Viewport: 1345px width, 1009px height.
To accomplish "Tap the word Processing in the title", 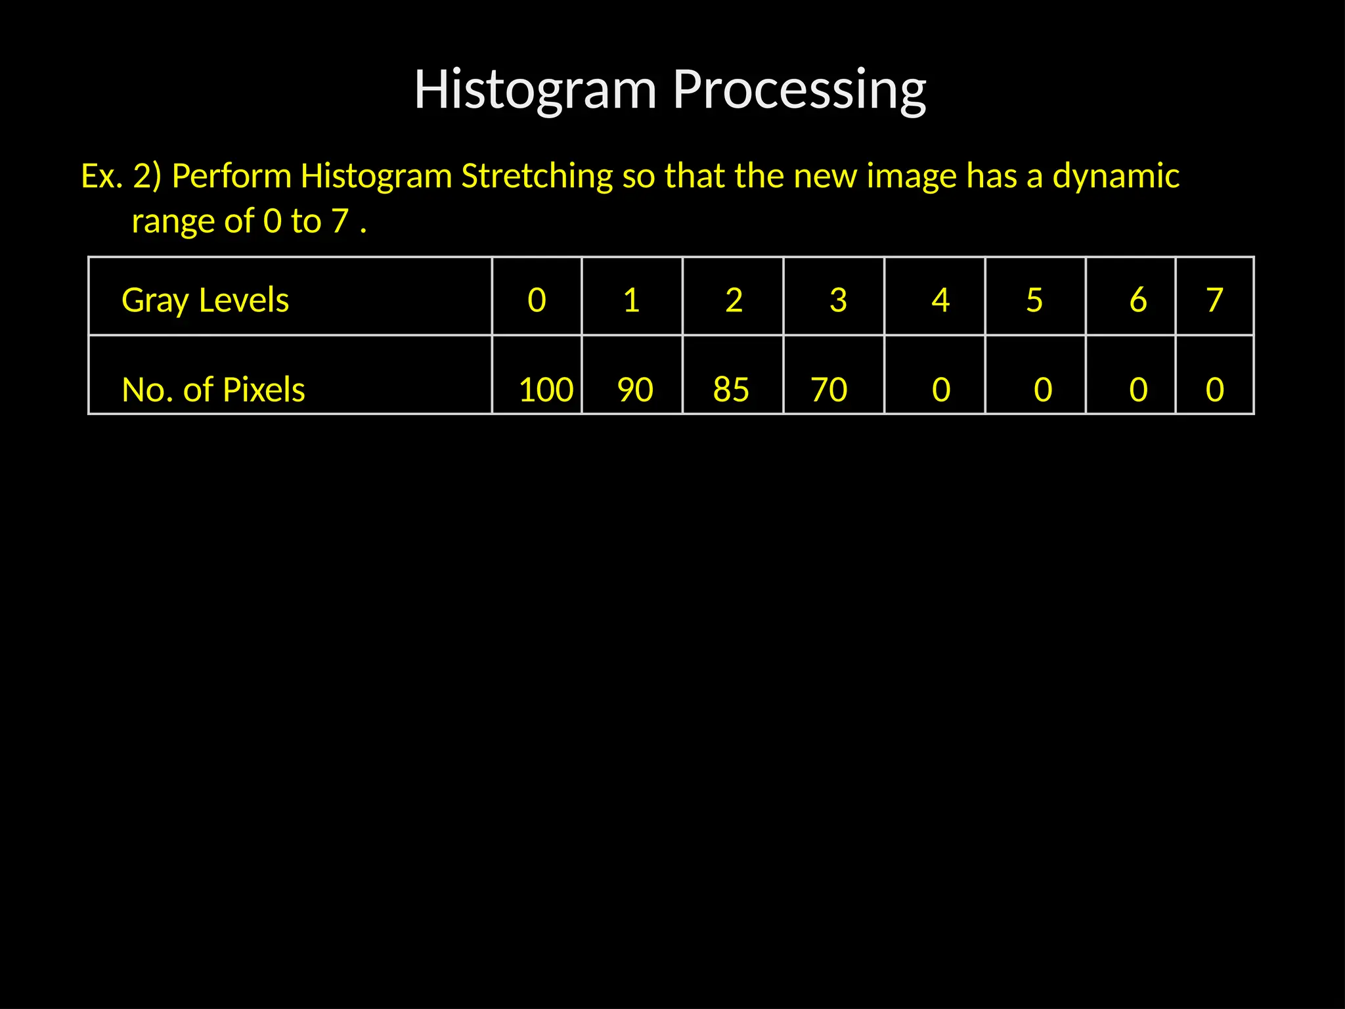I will click(x=799, y=90).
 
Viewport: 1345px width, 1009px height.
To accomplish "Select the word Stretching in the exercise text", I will click(x=537, y=176).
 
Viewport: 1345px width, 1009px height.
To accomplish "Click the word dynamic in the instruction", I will click(x=1116, y=176).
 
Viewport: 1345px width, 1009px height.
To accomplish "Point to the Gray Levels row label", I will click(x=205, y=300).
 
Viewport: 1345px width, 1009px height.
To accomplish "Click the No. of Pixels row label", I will click(x=213, y=390).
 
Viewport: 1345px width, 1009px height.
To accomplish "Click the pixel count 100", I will click(x=546, y=390).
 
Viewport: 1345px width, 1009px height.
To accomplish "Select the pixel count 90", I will click(x=635, y=390).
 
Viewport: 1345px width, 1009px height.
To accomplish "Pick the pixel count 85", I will click(x=731, y=390).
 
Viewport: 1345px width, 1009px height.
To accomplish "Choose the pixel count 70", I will click(x=829, y=390).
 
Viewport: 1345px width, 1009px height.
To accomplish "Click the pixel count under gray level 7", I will click(x=1215, y=390).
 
